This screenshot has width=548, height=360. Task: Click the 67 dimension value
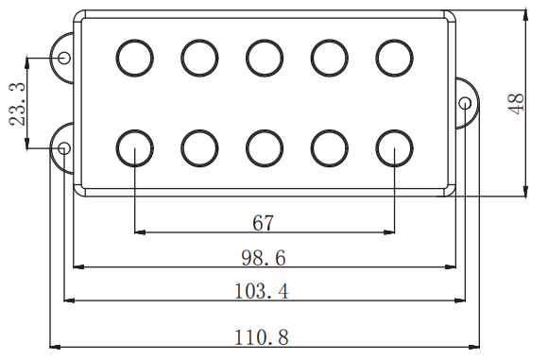264,223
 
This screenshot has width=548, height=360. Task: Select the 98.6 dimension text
264,258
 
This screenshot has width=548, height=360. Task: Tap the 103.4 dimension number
262,291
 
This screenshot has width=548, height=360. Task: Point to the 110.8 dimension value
262,337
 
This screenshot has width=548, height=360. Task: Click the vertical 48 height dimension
517,103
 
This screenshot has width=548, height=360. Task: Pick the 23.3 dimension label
17,104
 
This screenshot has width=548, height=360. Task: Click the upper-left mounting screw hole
64,57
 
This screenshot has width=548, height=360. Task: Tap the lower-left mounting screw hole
64,148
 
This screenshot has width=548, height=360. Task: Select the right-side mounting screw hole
465,103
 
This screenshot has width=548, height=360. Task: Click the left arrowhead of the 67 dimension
140,232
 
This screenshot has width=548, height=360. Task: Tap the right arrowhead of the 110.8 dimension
474,347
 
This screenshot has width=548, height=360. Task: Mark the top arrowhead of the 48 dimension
525,16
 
